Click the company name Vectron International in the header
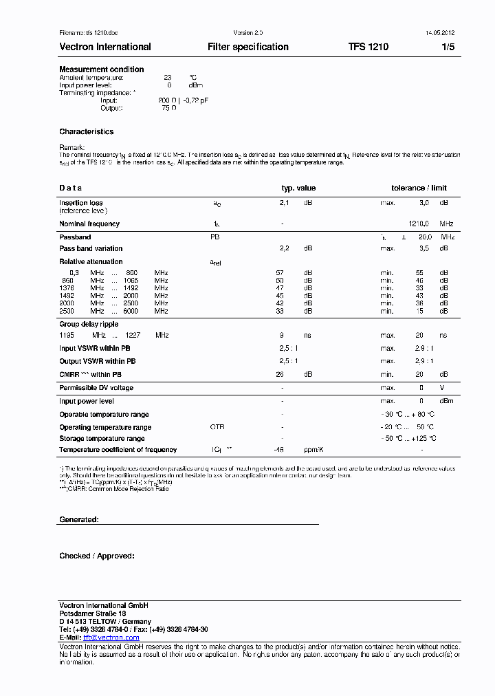click(105, 47)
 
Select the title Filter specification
click(247, 47)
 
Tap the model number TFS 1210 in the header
click(368, 47)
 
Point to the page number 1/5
click(448, 47)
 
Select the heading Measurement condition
click(102, 69)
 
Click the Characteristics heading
click(87, 131)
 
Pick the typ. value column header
click(298, 188)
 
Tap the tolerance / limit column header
click(419, 188)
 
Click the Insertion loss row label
click(81, 203)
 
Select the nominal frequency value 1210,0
click(419, 224)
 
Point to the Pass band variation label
click(91, 249)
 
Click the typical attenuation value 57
click(280, 273)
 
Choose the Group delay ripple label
click(89, 324)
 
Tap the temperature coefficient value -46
click(279, 450)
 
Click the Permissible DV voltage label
click(96, 388)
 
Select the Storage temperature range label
click(102, 438)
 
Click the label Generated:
click(79, 520)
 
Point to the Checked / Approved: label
click(97, 556)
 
